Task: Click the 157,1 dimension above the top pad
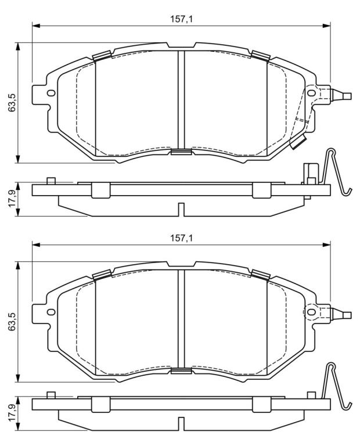point(181,19)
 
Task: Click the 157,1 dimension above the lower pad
point(181,238)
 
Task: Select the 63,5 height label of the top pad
point(12,102)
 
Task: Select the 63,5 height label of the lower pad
point(12,321)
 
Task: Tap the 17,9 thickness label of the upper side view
point(12,199)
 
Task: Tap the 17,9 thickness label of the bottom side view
point(12,413)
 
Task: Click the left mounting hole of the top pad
point(51,93)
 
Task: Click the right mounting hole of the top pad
point(311,93)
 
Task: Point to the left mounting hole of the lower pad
point(51,312)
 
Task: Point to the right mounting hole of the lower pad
point(311,312)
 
